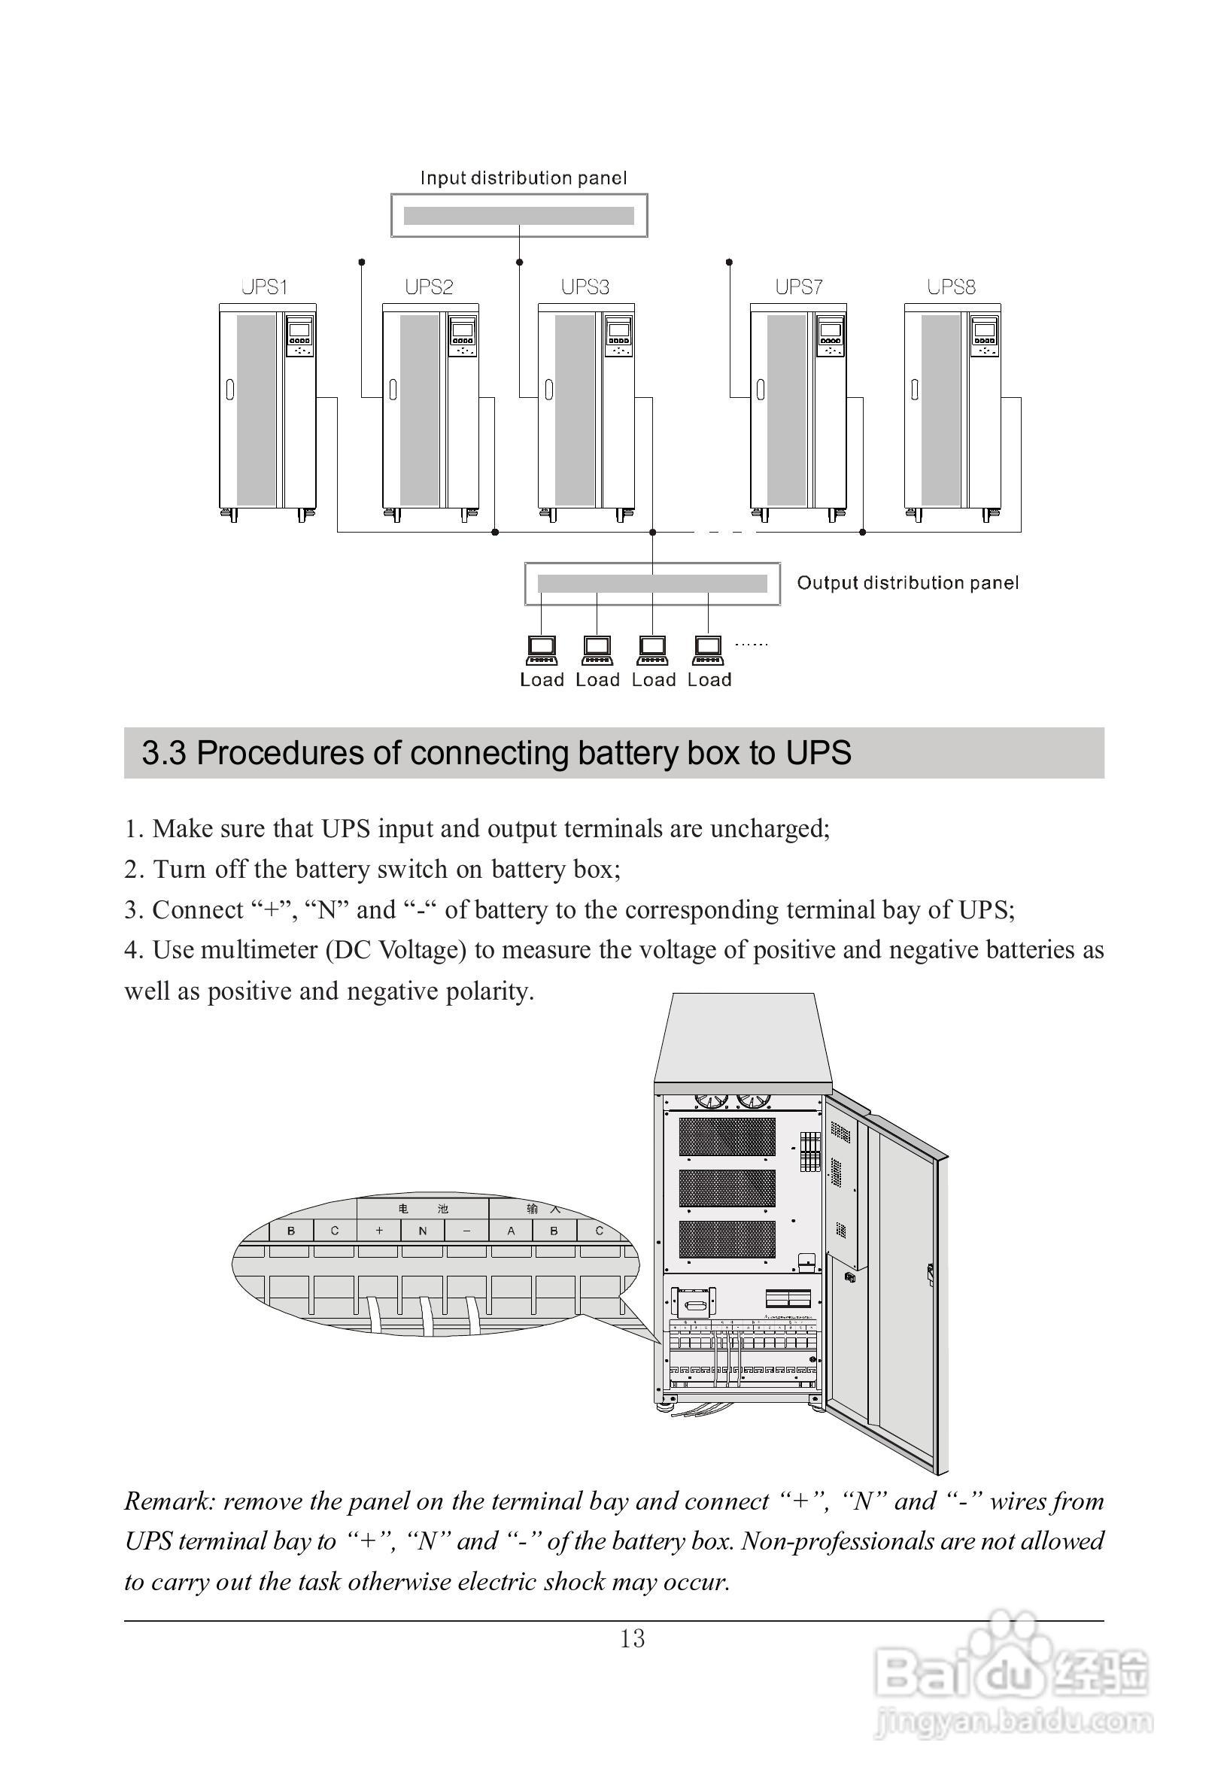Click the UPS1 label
[264, 287]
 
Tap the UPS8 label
[951, 287]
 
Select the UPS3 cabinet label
[585, 287]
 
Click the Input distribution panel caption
[524, 178]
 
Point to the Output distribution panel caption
[907, 583]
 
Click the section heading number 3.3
[163, 753]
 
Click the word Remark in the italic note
[167, 1501]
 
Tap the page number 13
[632, 1638]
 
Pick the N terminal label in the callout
[422, 1231]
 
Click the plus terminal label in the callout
[379, 1231]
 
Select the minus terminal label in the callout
[466, 1231]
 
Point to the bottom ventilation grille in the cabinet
[727, 1238]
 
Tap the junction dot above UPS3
[519, 262]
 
